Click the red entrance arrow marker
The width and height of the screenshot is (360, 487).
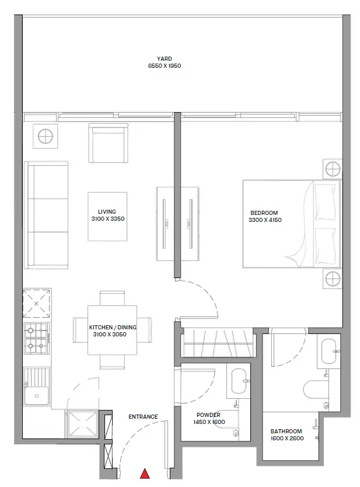(x=145, y=474)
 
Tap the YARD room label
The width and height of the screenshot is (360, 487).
(x=164, y=59)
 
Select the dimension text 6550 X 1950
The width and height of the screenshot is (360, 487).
(x=165, y=66)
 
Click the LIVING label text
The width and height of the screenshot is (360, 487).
(x=107, y=212)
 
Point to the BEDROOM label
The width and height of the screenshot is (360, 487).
(x=264, y=213)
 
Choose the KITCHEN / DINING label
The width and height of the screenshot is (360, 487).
(x=113, y=328)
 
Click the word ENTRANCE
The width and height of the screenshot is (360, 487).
(x=143, y=417)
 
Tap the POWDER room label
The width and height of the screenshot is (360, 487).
(x=208, y=415)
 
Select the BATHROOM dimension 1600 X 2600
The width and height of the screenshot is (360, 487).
(x=287, y=439)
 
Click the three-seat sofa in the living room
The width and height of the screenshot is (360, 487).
(x=47, y=215)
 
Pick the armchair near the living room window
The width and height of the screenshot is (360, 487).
(x=109, y=143)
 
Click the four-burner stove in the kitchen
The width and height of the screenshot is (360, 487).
(x=36, y=338)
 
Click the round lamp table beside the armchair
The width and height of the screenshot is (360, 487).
(x=46, y=136)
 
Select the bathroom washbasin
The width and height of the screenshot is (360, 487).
(x=329, y=352)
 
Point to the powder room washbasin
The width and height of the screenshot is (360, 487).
(x=240, y=381)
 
